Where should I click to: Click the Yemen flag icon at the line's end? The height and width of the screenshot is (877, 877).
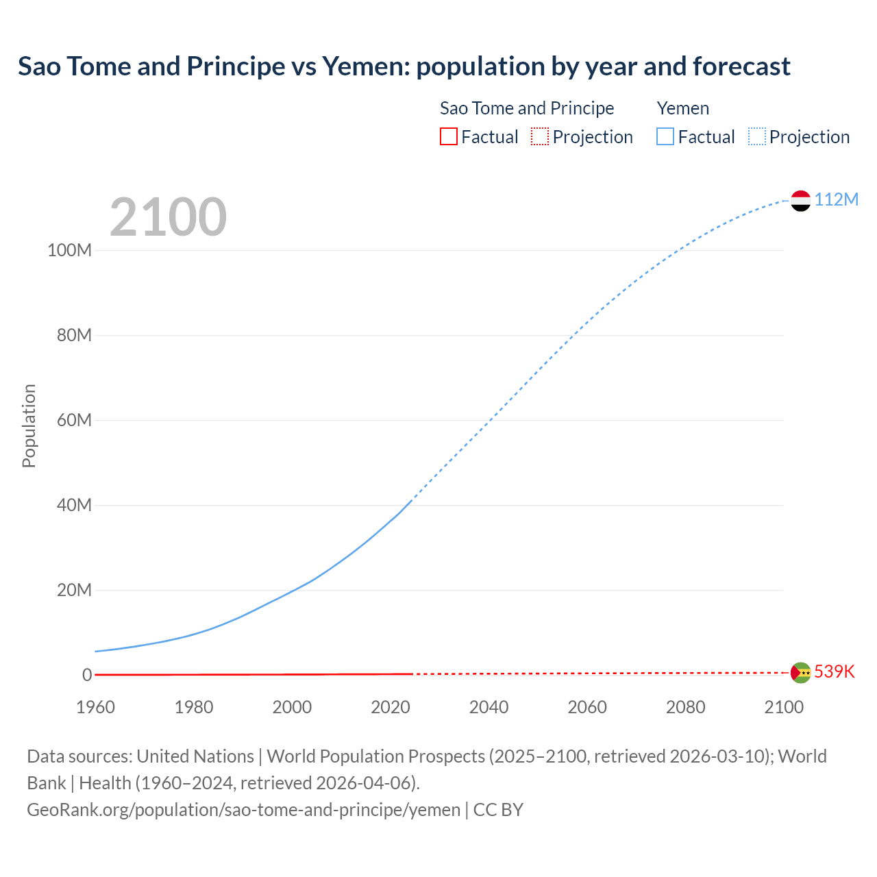(x=800, y=201)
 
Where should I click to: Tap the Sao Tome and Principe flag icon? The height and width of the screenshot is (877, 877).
(x=800, y=673)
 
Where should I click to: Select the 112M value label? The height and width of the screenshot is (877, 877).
(x=836, y=199)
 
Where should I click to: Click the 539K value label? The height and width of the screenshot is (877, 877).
(x=835, y=671)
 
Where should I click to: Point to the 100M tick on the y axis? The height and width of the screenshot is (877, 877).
(x=69, y=250)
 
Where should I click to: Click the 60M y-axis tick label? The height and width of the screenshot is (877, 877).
(x=74, y=420)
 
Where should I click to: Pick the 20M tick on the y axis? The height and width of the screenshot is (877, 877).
(x=74, y=590)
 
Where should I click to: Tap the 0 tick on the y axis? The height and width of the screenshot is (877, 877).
(x=87, y=675)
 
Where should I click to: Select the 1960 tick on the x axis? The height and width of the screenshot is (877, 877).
(x=95, y=707)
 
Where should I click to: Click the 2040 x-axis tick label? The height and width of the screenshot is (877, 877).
(x=489, y=707)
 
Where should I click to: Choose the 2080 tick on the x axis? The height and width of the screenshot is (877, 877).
(x=685, y=707)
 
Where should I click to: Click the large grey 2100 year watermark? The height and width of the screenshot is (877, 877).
(x=168, y=217)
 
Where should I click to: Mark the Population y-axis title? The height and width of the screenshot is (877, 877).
(x=29, y=425)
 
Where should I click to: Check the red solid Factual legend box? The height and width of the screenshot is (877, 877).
(x=449, y=136)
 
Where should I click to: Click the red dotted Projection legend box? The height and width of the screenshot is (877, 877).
(x=540, y=136)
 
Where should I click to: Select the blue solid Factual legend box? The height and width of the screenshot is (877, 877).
(x=665, y=136)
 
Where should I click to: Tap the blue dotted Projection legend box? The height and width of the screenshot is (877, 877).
(x=756, y=136)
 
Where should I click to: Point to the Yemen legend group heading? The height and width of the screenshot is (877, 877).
(x=682, y=108)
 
